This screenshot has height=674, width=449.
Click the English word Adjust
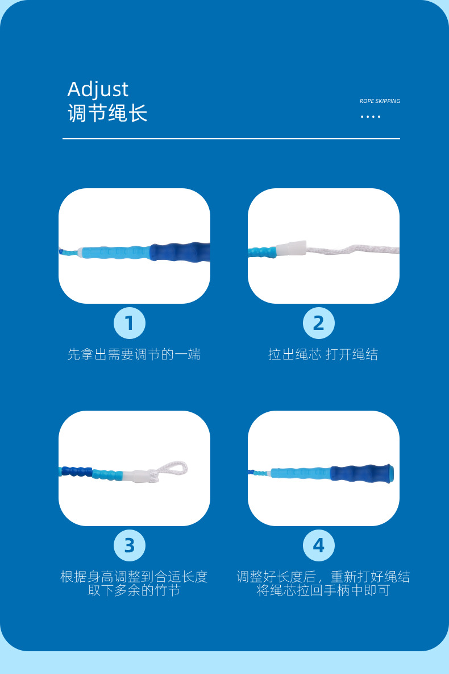(98, 89)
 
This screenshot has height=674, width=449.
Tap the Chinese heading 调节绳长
(107, 113)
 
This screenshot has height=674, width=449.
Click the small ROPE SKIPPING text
(380, 101)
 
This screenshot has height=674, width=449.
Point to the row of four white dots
(371, 117)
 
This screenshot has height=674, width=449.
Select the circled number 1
(130, 323)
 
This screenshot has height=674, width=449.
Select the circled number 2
(318, 323)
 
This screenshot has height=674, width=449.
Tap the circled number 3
(130, 545)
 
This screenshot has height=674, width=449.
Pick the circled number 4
(318, 545)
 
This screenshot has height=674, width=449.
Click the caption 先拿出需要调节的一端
(134, 354)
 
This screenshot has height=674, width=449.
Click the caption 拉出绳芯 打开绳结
(323, 354)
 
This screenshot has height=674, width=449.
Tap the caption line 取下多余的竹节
(134, 590)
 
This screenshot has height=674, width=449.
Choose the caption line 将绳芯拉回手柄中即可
(323, 590)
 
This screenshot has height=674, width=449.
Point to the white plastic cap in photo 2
(291, 249)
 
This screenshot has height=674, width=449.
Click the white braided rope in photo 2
(353, 250)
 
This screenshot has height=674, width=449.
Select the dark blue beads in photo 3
(77, 472)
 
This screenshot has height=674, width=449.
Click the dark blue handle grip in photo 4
(361, 473)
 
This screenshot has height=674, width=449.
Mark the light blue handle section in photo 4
(301, 473)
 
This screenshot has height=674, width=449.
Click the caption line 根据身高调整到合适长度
(134, 576)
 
